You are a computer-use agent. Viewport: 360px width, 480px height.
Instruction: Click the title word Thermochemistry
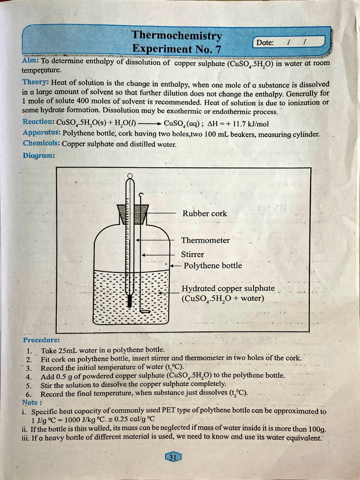click(x=177, y=36)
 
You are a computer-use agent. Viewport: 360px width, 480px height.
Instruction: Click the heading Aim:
click(x=30, y=61)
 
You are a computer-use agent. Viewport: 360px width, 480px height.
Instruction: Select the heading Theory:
click(x=36, y=82)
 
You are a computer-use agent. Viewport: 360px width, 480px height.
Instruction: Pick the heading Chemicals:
click(x=41, y=144)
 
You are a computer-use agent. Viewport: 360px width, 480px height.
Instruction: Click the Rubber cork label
click(x=204, y=213)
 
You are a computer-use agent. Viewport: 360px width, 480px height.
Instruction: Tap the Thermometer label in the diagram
click(x=205, y=240)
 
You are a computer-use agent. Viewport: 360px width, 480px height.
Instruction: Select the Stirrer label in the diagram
click(x=193, y=254)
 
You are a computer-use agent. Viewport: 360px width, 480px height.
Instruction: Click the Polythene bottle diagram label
click(x=212, y=265)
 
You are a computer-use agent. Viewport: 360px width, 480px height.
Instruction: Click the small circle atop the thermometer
click(x=130, y=176)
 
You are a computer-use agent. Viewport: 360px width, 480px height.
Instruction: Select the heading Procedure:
click(x=41, y=340)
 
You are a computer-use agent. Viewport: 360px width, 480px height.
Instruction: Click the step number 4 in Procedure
click(x=29, y=376)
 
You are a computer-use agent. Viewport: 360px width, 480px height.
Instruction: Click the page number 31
click(x=172, y=457)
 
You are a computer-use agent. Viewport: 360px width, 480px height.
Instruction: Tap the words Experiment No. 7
click(x=176, y=49)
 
